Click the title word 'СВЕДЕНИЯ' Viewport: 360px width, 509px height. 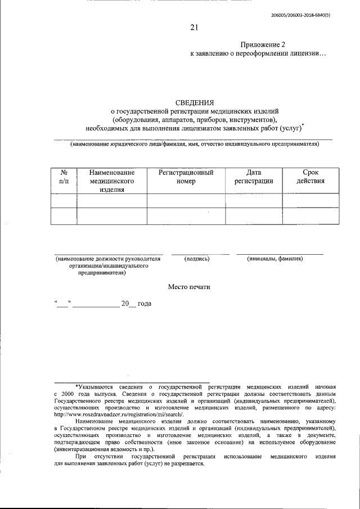tap(195, 102)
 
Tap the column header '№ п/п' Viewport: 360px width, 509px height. tap(64, 177)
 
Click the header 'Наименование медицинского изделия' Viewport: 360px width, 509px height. tap(112, 181)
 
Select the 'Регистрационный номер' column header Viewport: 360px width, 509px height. tap(186, 177)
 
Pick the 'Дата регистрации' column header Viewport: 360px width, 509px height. tap(254, 177)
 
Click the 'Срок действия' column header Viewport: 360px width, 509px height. tap(310, 177)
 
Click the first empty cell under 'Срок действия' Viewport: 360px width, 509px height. tap(310, 201)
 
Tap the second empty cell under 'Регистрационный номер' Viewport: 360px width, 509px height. tap(186, 216)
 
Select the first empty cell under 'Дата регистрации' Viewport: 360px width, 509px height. tap(254, 201)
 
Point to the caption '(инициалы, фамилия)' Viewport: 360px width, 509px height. tap(275, 259)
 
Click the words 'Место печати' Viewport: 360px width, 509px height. tap(189, 287)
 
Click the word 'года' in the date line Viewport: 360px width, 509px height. tap(145, 304)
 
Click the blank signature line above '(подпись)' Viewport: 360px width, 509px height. tap(200, 254)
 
